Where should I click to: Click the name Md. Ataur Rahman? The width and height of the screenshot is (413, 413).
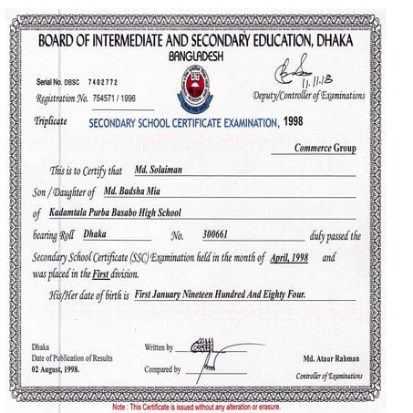point(332,358)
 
